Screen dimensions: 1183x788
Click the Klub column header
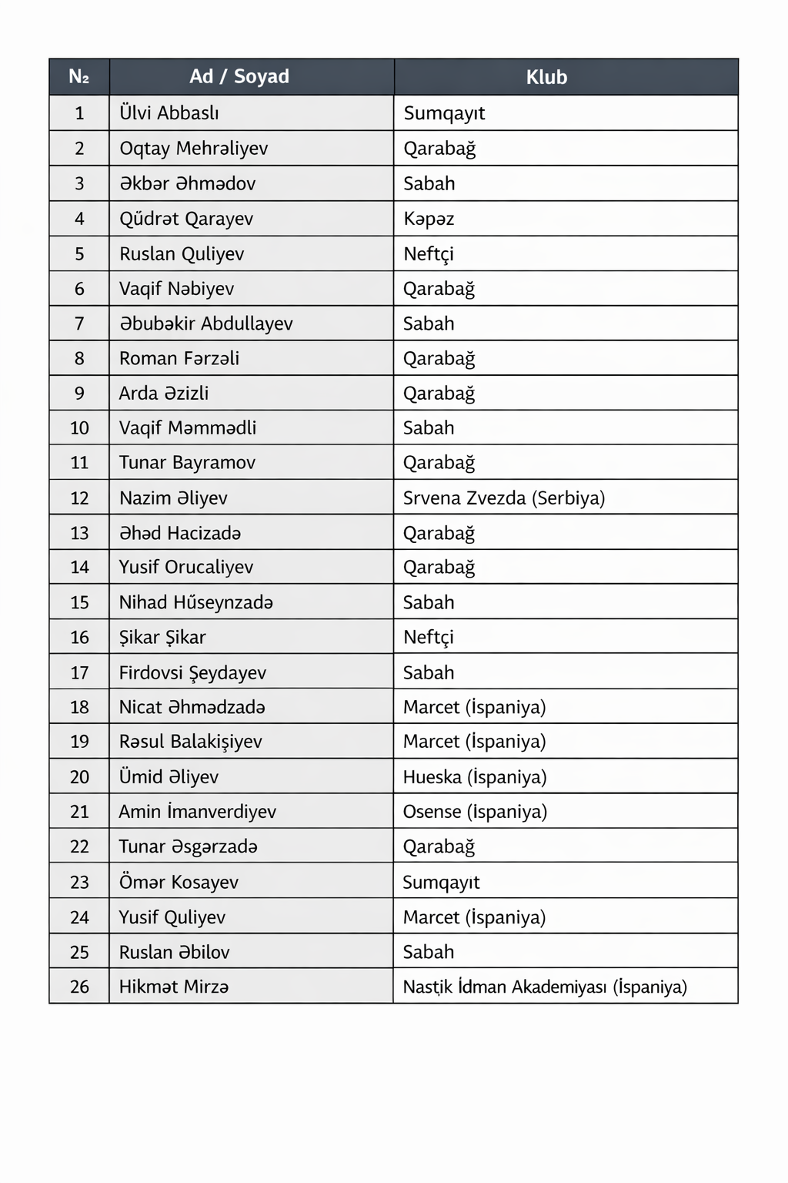[x=546, y=77]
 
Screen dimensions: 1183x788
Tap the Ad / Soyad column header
[x=239, y=76]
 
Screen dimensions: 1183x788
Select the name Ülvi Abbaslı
[x=169, y=113]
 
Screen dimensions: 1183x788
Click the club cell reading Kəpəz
[x=429, y=219]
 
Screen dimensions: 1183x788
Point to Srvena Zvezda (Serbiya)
[x=504, y=498]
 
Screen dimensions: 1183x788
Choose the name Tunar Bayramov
[x=187, y=463]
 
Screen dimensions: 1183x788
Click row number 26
[x=79, y=987]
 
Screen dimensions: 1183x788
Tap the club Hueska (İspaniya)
[x=475, y=777]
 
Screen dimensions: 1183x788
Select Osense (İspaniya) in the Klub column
[x=475, y=812]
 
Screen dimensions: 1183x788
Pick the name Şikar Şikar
[x=162, y=638]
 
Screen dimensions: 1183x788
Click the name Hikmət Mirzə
[x=174, y=987]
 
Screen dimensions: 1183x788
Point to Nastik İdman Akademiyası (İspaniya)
[x=545, y=987]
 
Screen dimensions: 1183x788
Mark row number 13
[x=79, y=533]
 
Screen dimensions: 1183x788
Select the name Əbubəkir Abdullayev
[x=206, y=323]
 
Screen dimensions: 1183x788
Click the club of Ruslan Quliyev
[x=429, y=254]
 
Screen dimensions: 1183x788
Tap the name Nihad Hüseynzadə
[x=196, y=602]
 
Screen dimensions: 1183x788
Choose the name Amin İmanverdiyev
[x=198, y=812]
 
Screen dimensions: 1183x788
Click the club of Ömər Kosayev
[x=441, y=882]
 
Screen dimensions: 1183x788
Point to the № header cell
[x=79, y=76]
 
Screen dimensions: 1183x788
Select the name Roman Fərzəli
[x=179, y=358]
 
